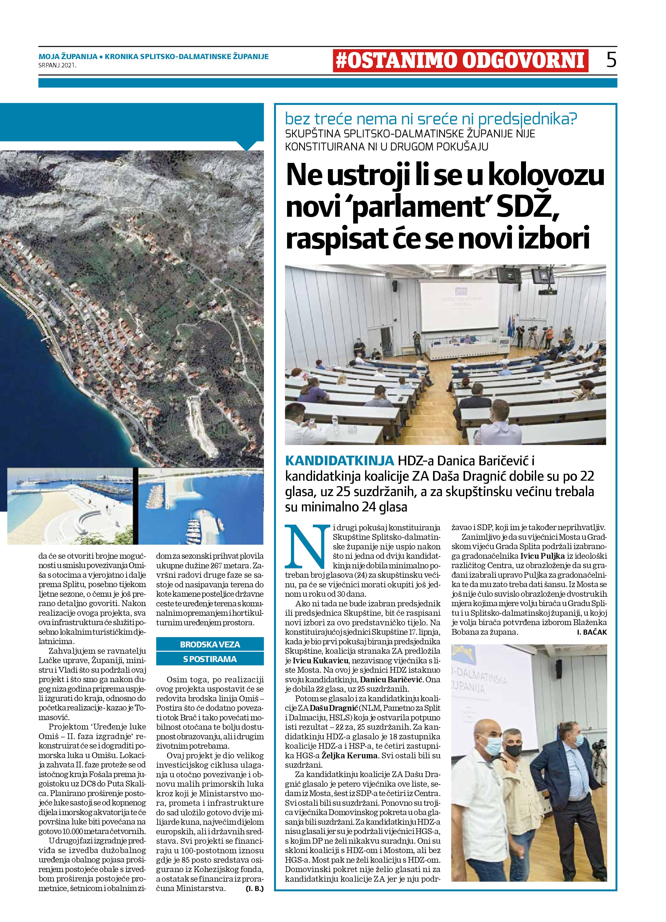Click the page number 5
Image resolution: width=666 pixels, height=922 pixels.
point(611,60)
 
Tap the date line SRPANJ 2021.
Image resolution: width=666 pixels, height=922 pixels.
point(57,65)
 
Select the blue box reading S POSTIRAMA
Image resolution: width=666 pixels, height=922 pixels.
point(210,659)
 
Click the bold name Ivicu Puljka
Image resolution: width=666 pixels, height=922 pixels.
point(542,556)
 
